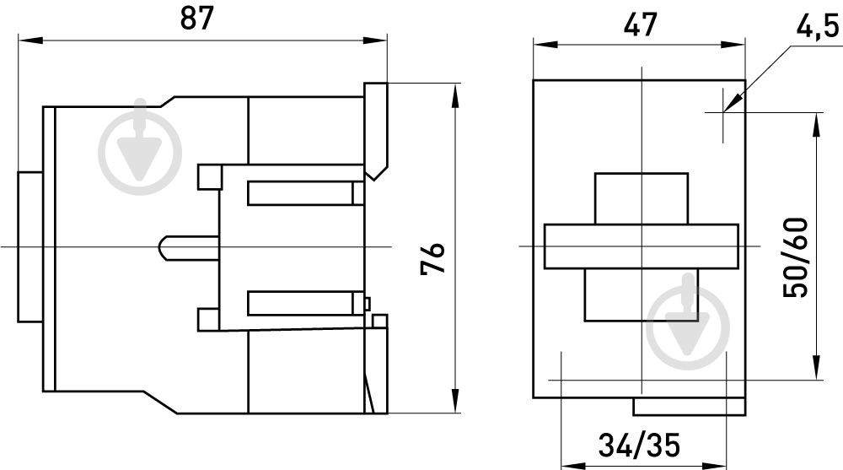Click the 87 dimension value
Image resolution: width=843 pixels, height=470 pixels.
pos(196,19)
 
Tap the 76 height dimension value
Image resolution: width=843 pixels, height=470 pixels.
pos(432,258)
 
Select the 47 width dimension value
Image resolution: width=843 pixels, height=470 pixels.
pos(640,24)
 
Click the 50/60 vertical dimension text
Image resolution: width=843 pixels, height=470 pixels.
pos(795,257)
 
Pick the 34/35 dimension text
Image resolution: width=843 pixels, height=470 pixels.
pos(639,445)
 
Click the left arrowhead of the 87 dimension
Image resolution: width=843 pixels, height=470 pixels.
pos(30,41)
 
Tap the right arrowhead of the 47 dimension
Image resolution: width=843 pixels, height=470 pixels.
pos(733,44)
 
